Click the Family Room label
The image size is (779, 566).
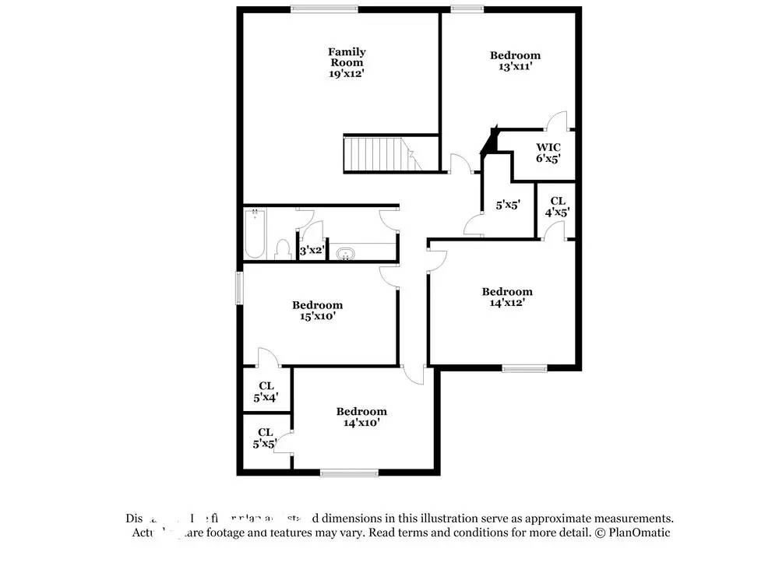pos(347,57)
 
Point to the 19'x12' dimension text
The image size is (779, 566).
pos(347,73)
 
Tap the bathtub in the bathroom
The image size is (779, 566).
pos(255,234)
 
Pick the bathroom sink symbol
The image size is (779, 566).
pos(344,253)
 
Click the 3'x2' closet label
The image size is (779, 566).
pos(312,251)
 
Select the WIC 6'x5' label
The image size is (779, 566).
pos(548,153)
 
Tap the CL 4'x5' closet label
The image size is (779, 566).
pos(558,206)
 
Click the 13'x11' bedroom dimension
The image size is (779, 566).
pos(515,67)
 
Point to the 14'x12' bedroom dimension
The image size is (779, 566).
pos(507,303)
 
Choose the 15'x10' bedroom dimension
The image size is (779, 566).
pos(317,316)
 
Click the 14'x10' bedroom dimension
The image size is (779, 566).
pos(361,423)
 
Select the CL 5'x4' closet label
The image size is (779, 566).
pos(266,391)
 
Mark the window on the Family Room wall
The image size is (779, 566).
pos(325,9)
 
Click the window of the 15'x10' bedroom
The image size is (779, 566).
pos(240,285)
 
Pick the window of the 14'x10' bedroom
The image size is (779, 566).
pos(349,473)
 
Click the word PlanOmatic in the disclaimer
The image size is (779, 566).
pos(638,533)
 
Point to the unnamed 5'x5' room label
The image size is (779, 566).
pos(508,206)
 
